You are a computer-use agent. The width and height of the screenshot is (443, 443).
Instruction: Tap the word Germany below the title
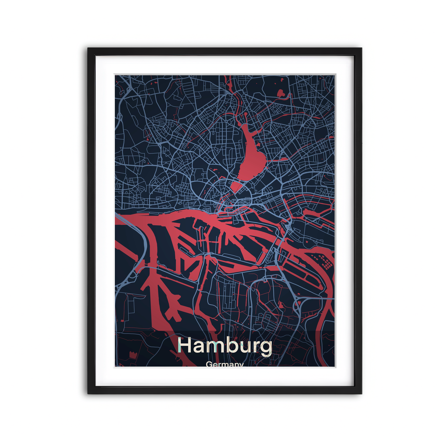[x=224, y=364]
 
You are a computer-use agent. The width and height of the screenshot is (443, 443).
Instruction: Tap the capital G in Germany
[x=209, y=364]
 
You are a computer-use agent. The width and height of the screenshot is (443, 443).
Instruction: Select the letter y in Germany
[x=241, y=365]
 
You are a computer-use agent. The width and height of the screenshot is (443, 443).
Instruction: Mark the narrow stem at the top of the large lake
[x=244, y=118]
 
